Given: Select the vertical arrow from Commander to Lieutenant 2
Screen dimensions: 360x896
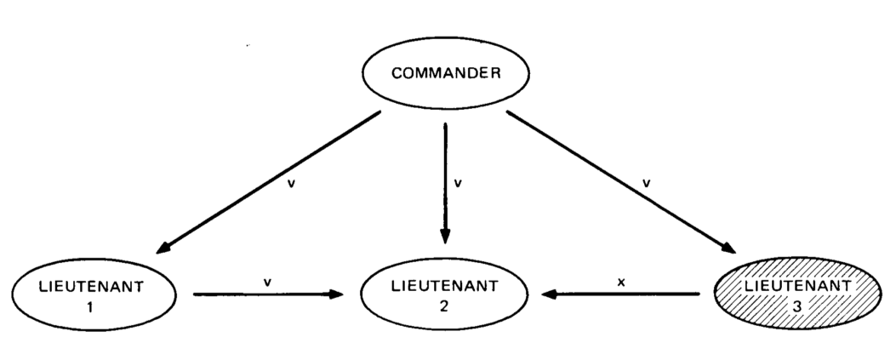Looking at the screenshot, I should (443, 179).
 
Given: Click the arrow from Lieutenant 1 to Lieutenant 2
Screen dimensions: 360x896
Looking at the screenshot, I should (268, 294).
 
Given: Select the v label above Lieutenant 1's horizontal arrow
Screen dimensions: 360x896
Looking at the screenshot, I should (268, 278).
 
